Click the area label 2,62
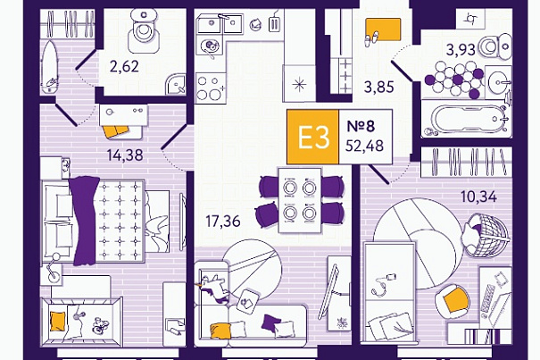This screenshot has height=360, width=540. [x=124, y=66]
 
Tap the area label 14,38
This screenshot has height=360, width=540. [x=125, y=155]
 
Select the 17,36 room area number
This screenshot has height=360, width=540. [x=223, y=222]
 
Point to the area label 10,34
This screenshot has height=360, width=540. [x=479, y=197]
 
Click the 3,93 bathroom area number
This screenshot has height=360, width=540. [x=461, y=50]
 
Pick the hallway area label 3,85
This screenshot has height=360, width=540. [x=378, y=87]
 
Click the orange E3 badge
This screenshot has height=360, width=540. [x=313, y=137]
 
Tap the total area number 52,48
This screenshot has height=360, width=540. [x=364, y=146]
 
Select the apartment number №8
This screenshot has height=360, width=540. [x=361, y=126]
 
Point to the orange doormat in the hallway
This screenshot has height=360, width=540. [x=383, y=29]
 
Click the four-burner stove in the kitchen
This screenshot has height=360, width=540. [x=211, y=88]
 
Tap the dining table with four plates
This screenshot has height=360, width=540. [x=300, y=201]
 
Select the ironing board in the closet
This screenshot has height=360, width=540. [x=49, y=68]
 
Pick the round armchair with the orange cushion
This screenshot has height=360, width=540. [x=453, y=298]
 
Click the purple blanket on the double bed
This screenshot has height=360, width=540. [x=85, y=221]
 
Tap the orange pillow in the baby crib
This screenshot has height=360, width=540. [x=57, y=322]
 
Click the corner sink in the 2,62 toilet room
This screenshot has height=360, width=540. [x=176, y=84]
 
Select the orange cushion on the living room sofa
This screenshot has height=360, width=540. [x=220, y=331]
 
